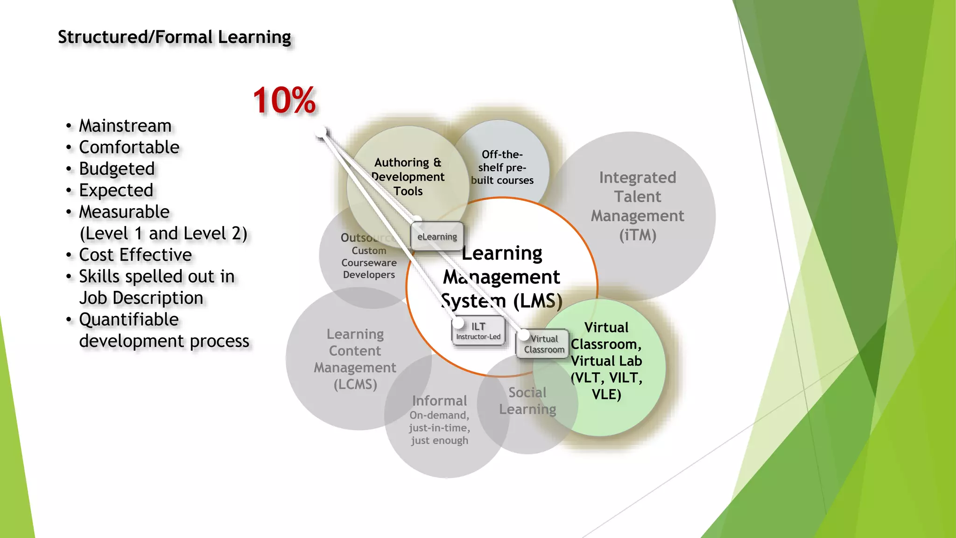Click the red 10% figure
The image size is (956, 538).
284,100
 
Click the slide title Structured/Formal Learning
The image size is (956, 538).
174,37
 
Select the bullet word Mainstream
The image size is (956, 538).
125,126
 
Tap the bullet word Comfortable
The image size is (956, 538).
129,147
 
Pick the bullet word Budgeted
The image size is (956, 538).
117,169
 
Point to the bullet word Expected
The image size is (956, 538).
116,190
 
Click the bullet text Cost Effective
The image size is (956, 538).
135,255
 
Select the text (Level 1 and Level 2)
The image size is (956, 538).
163,234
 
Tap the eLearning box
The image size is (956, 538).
437,236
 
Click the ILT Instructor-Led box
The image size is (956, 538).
478,331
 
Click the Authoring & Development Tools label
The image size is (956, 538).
408,177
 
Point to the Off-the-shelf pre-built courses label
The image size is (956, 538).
502,167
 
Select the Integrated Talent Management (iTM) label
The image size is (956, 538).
638,206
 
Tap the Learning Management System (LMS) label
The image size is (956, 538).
502,277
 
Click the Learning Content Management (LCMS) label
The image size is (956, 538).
355,359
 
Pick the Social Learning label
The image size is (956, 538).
527,401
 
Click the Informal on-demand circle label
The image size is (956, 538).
440,420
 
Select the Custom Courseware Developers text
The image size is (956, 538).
369,262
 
